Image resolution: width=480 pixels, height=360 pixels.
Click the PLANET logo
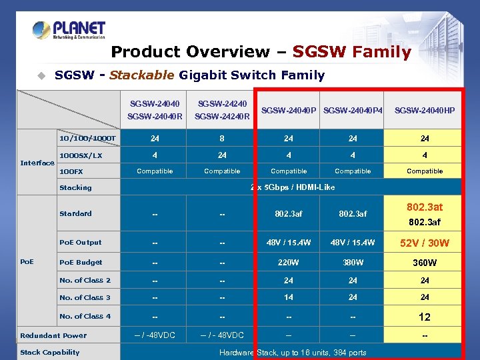point(69,30)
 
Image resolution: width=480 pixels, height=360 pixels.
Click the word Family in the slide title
point(382,52)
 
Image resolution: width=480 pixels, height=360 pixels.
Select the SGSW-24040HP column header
point(425,110)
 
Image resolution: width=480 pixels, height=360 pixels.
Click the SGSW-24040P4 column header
point(353,110)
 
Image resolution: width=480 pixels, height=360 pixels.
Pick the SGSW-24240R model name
point(222,117)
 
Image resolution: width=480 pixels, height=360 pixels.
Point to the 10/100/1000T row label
point(87,138)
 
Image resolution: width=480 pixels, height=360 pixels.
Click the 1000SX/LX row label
point(81,155)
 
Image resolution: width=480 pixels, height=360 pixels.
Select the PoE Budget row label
point(81,262)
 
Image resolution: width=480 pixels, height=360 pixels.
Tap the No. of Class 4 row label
point(85,316)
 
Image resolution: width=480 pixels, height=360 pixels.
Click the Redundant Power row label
point(53,335)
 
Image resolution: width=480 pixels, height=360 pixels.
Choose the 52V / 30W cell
point(425,243)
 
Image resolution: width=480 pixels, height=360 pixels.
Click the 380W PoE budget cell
point(353,262)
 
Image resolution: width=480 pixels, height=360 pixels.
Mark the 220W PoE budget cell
point(289,262)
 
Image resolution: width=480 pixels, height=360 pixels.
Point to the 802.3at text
point(425,207)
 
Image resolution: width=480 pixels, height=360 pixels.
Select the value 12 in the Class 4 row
point(425,317)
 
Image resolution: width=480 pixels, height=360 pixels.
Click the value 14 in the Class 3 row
point(289,297)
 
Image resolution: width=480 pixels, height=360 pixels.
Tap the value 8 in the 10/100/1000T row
point(222,139)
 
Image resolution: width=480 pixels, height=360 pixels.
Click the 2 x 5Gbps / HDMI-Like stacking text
point(293,187)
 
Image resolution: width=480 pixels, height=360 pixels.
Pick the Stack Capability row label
point(50,352)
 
